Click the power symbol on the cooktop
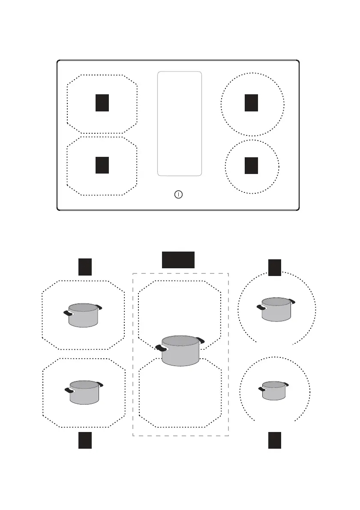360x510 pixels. [x=179, y=195]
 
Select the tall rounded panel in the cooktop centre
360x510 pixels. [x=180, y=123]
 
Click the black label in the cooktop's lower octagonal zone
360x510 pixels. [x=102, y=165]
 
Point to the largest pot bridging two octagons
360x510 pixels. [x=180, y=351]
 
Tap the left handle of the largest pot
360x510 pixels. [x=162, y=347]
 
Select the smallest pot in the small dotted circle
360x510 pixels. [x=274, y=390]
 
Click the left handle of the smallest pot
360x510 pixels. [x=261, y=389]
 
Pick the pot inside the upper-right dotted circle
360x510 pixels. [x=276, y=309]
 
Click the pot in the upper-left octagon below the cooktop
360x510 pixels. [x=84, y=315]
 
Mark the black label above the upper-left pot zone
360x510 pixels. [x=85, y=267]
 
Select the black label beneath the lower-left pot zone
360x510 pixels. [x=85, y=441]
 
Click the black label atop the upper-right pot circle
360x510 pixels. [x=275, y=267]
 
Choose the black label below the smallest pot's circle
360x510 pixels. [x=275, y=441]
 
